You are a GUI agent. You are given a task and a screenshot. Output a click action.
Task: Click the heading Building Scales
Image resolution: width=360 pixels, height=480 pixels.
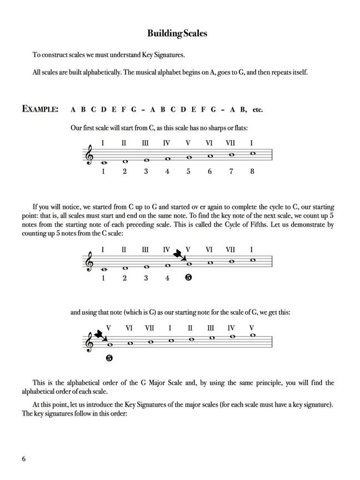click(x=177, y=34)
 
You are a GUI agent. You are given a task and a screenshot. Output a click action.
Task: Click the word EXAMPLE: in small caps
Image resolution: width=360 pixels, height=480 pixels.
click(x=40, y=109)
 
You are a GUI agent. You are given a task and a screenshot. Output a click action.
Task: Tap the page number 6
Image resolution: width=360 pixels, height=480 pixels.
click(x=24, y=459)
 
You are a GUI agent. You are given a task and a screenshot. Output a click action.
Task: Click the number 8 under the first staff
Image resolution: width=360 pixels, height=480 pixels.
click(x=252, y=171)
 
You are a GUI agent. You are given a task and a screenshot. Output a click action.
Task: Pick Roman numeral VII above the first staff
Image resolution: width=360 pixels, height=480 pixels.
click(x=231, y=143)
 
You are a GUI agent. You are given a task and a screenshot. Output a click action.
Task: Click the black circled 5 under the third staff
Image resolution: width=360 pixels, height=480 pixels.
click(x=109, y=358)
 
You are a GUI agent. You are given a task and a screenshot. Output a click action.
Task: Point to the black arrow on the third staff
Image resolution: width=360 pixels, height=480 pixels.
click(x=100, y=336)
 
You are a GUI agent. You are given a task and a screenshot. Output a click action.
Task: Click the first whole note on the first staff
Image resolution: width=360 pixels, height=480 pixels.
click(x=103, y=163)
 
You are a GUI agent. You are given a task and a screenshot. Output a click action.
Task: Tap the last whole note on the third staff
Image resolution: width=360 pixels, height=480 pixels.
click(x=253, y=335)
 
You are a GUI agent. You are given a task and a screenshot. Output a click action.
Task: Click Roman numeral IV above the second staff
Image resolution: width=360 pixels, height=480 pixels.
click(x=167, y=250)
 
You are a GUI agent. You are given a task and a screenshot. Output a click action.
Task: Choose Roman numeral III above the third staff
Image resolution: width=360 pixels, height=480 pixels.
click(x=211, y=328)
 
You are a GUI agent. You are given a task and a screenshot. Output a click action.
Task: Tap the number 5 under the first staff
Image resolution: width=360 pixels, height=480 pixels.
click(x=188, y=171)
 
